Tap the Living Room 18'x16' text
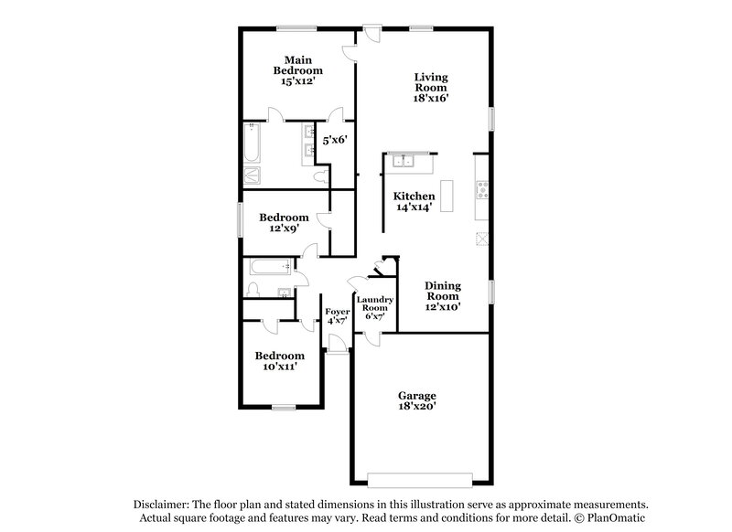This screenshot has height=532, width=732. [x=429, y=87]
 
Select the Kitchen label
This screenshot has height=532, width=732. [x=414, y=202]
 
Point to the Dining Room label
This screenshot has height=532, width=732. [x=442, y=296]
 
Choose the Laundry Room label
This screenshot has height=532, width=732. [x=374, y=306]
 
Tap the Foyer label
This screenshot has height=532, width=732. [x=337, y=316]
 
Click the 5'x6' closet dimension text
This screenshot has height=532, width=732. [x=334, y=141]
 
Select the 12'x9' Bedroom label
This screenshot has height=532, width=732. [x=283, y=223]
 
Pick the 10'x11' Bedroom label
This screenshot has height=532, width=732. [x=279, y=361]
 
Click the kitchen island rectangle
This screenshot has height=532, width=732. [x=447, y=197]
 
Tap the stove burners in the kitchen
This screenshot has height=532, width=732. [x=481, y=190]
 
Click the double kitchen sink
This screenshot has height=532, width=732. [x=403, y=163]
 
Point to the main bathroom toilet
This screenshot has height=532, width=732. [x=319, y=174]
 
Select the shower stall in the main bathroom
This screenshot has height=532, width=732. [x=253, y=176]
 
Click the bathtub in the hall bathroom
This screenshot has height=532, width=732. [x=268, y=268]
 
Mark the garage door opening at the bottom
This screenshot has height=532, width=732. [x=420, y=476]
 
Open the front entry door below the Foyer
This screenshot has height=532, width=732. [x=337, y=345]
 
